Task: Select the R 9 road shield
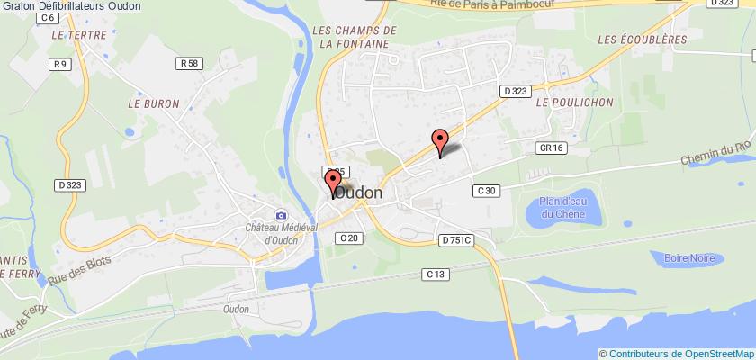[61, 64]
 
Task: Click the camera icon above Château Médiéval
[281, 215]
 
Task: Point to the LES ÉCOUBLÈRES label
[642, 40]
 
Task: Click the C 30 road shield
[485, 190]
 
